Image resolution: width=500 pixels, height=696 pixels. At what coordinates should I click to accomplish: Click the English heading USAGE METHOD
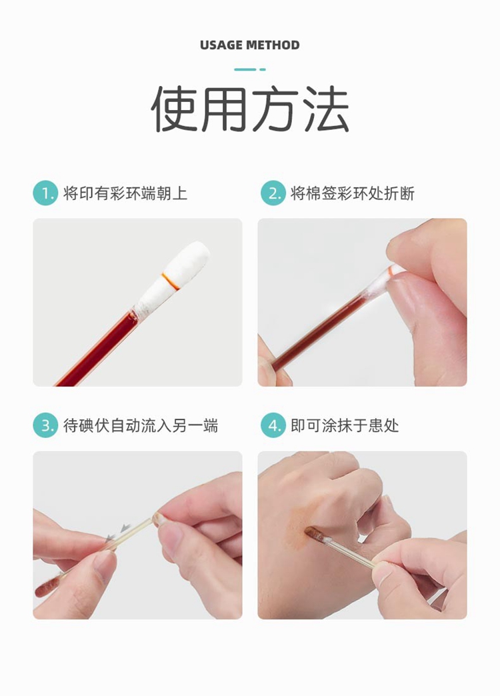pyautogui.click(x=249, y=45)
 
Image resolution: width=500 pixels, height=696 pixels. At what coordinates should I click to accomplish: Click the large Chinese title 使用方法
pyautogui.click(x=250, y=109)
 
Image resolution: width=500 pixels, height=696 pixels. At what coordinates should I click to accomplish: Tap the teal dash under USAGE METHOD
pyautogui.click(x=249, y=69)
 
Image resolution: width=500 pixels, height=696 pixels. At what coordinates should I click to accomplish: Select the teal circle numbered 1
pyautogui.click(x=45, y=193)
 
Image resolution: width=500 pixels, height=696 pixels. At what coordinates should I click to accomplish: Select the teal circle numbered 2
pyautogui.click(x=273, y=193)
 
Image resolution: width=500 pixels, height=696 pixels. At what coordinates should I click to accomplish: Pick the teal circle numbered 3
pyautogui.click(x=45, y=425)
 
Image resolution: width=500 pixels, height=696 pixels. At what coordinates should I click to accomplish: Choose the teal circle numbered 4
pyautogui.click(x=273, y=425)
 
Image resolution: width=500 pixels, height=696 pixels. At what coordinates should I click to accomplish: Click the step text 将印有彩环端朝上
pyautogui.click(x=125, y=193)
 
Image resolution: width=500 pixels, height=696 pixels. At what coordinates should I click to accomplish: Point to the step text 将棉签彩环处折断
pyautogui.click(x=353, y=193)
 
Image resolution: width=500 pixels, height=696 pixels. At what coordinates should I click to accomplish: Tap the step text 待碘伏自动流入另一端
pyautogui.click(x=141, y=426)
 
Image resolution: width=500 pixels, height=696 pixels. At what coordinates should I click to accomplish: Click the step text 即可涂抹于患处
pyautogui.click(x=345, y=426)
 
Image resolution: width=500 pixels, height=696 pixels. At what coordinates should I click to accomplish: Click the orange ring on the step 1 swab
pyautogui.click(x=171, y=281)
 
